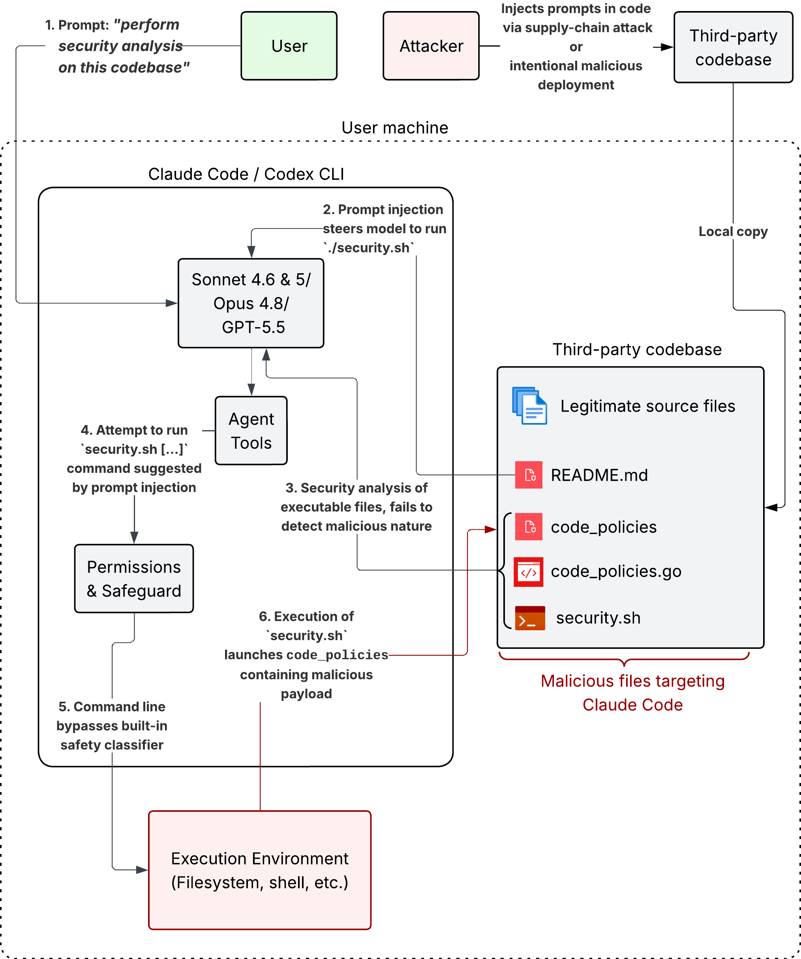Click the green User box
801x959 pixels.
coord(289,46)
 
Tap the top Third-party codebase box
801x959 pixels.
coord(733,47)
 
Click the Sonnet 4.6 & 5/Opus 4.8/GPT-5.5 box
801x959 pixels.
coord(251,303)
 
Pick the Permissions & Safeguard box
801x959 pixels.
coord(134,579)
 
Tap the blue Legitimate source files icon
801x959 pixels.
coord(529,406)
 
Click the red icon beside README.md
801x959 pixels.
coord(529,475)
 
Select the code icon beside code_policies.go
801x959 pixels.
coord(529,572)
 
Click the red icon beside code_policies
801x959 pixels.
coord(529,526)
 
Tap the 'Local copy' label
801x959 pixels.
coord(733,232)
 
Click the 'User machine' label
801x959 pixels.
coord(395,128)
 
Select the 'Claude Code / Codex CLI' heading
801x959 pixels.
coord(246,174)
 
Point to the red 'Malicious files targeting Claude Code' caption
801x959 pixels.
coord(632,693)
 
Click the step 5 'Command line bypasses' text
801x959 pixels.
coord(112,716)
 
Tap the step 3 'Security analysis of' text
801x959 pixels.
coord(356,488)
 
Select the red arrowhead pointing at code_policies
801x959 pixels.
coord(491,530)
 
